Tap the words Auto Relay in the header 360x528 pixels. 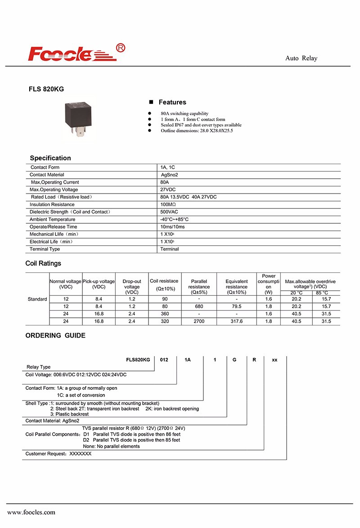[x=301, y=59]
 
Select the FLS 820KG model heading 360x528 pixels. [x=46, y=89]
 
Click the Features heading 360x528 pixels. [x=172, y=102]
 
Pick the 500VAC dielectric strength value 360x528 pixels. [x=170, y=212]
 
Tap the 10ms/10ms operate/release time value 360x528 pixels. [x=172, y=227]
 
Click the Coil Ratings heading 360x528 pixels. [x=43, y=263]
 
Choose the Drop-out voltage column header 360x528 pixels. [x=132, y=287]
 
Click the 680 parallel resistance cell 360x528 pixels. [x=199, y=306]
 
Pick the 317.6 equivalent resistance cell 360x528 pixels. [x=236, y=321]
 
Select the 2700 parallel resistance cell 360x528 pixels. [x=199, y=321]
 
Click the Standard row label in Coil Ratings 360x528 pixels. [x=37, y=299]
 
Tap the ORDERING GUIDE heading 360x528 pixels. [x=55, y=335]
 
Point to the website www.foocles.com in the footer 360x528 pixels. [x=31, y=512]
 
